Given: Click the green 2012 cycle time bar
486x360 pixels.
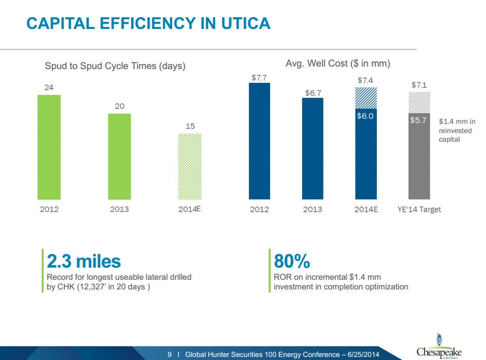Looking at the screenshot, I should click(49, 147).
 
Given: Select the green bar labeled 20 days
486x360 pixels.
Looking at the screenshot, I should click(119, 156).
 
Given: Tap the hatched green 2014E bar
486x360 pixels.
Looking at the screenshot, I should click(190, 167).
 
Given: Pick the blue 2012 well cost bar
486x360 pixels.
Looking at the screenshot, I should click(259, 141).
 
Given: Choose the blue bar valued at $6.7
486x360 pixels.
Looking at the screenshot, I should click(312, 148).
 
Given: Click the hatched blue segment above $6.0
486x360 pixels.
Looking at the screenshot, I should click(366, 98).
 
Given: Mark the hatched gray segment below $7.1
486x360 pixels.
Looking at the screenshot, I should click(419, 103).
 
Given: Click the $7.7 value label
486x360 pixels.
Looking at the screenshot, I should click(259, 78).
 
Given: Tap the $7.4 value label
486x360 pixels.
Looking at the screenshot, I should click(366, 80).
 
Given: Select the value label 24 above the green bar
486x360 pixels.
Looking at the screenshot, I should click(49, 87).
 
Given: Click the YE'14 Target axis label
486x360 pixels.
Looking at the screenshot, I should click(419, 209).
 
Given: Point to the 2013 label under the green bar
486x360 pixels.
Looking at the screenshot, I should click(119, 209).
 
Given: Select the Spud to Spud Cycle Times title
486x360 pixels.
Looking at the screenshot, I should click(115, 66).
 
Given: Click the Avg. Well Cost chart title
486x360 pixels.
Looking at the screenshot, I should click(338, 63).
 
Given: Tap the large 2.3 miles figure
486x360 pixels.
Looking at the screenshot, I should click(84, 261).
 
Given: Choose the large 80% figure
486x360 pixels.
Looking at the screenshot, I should click(291, 261).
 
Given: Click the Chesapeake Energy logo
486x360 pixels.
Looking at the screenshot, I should click(439, 347).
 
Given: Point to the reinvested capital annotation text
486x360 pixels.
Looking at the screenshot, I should click(457, 130).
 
